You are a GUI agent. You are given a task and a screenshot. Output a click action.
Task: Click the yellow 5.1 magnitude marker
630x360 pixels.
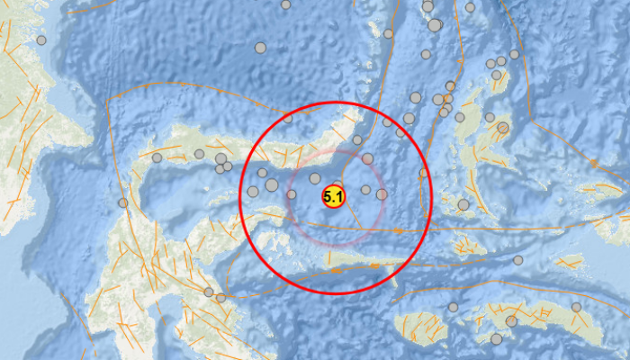(333, 197)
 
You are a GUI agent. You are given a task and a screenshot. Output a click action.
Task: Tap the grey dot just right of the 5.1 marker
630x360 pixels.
(365, 189)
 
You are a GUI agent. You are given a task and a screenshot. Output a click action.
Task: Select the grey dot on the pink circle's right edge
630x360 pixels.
(382, 193)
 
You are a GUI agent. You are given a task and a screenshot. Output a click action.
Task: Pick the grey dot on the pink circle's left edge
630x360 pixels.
(292, 193)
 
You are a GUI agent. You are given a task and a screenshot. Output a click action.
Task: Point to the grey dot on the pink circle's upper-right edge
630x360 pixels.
(367, 158)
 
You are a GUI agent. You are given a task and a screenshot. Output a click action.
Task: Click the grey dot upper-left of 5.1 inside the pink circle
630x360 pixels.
(315, 178)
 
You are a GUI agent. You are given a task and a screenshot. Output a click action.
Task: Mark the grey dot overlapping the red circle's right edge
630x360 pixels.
(423, 172)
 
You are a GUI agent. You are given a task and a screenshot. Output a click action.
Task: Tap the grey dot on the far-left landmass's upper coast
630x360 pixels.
(41, 40)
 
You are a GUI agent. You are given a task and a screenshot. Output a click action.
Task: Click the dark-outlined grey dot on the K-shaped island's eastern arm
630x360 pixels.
(503, 128)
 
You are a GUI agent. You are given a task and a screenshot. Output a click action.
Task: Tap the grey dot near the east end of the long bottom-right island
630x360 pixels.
(576, 307)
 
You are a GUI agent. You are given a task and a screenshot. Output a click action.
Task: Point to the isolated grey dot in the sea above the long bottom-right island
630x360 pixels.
(517, 260)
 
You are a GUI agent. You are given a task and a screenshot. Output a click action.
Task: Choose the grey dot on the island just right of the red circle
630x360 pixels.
(463, 204)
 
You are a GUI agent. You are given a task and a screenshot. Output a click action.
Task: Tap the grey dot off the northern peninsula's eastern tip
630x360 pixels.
(357, 139)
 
